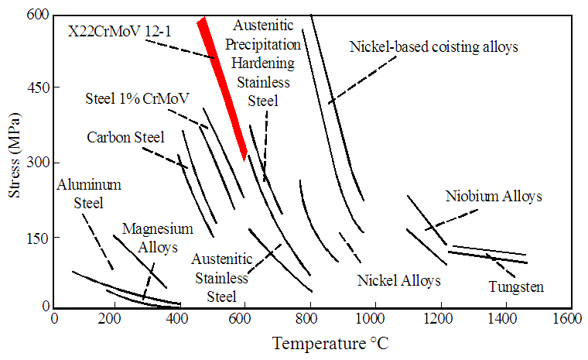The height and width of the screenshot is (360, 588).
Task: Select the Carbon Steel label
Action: pos(125,138)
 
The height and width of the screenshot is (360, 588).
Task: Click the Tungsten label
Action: pos(516,286)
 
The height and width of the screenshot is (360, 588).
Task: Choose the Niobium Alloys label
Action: pos(494,197)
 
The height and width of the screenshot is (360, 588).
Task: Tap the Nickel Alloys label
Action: pos(399,279)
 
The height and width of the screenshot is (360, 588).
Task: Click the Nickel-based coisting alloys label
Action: pos(433,46)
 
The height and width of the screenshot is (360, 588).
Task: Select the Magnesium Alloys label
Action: pos(157,238)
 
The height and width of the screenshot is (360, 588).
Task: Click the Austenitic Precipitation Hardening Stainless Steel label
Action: pos(263,63)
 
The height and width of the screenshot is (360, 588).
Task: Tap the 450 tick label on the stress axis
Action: pos(35,87)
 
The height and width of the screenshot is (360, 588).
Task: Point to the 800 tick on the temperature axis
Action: pos(311,318)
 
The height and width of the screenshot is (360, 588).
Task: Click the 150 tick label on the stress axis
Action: pos(35,237)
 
